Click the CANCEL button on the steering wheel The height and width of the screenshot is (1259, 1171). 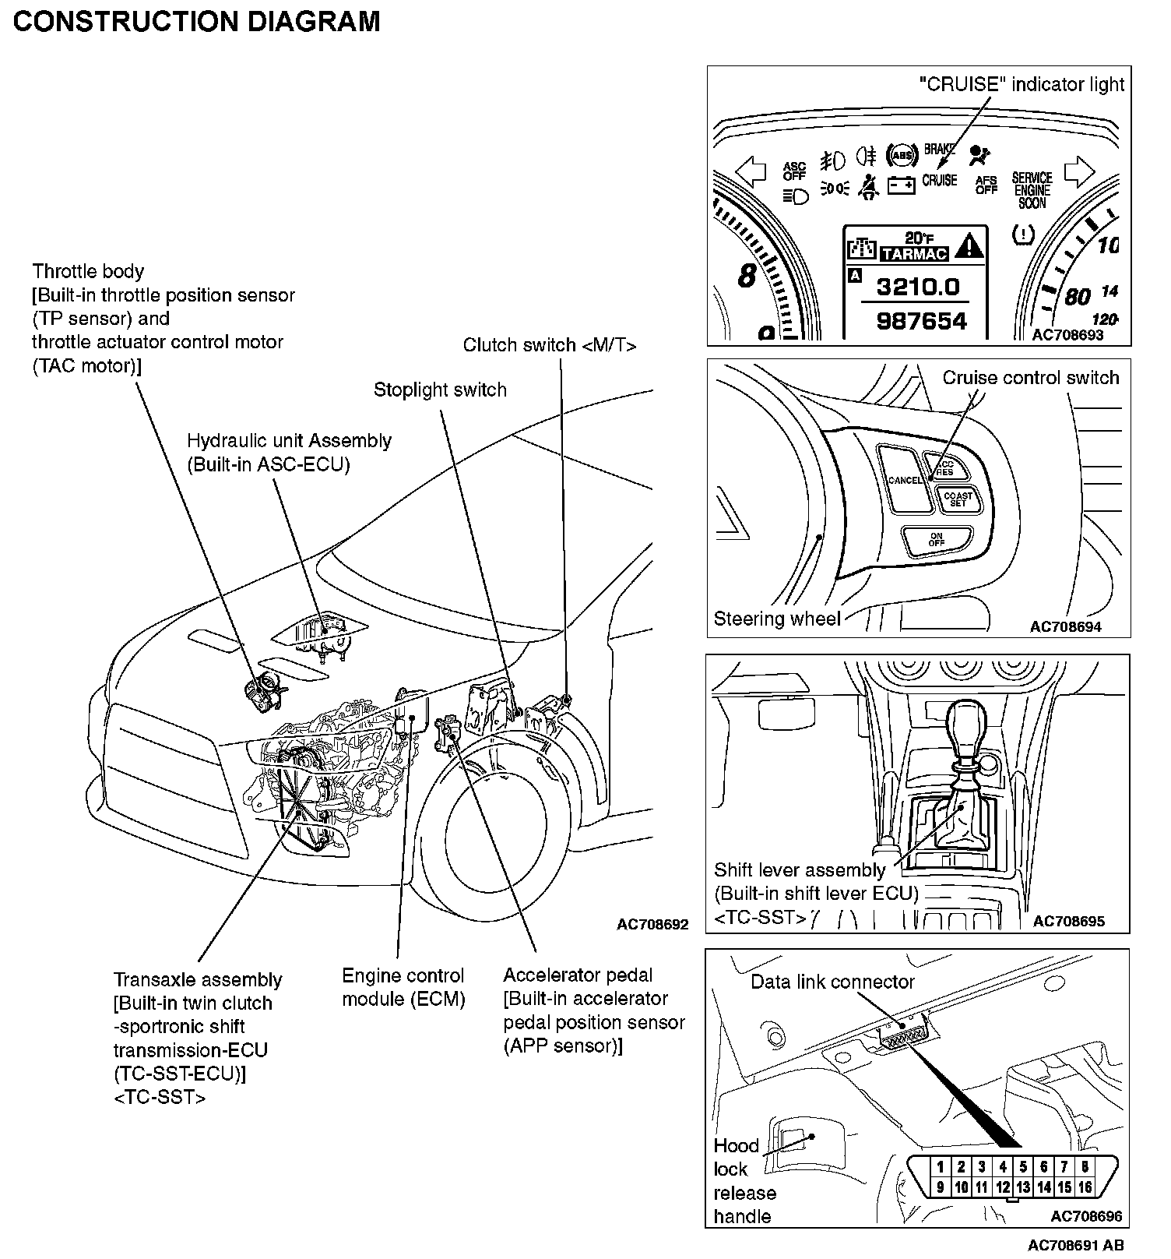(x=904, y=479)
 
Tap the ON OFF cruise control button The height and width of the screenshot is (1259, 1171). (x=937, y=539)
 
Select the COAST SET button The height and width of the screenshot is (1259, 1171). (x=958, y=499)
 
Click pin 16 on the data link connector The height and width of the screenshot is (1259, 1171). (x=1085, y=1187)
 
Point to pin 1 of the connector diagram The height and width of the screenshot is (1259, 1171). (x=941, y=1166)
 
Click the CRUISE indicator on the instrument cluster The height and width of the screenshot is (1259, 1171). (x=939, y=180)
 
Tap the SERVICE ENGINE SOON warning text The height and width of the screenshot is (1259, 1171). (x=1032, y=190)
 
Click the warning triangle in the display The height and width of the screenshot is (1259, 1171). (x=969, y=246)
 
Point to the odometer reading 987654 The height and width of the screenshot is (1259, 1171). (x=921, y=320)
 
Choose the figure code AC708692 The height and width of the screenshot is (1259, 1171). (x=652, y=925)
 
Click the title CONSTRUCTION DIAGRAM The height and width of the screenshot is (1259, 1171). (x=197, y=21)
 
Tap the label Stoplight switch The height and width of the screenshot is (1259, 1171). (x=440, y=390)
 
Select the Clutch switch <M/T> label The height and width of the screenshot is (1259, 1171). (x=549, y=344)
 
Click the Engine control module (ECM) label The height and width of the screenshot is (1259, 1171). (x=403, y=987)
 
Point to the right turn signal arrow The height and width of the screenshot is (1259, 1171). (x=1079, y=171)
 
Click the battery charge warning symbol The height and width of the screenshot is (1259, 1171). (x=901, y=185)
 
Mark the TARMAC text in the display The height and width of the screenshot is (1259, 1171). (x=914, y=254)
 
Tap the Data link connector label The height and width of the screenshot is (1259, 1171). (x=832, y=982)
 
